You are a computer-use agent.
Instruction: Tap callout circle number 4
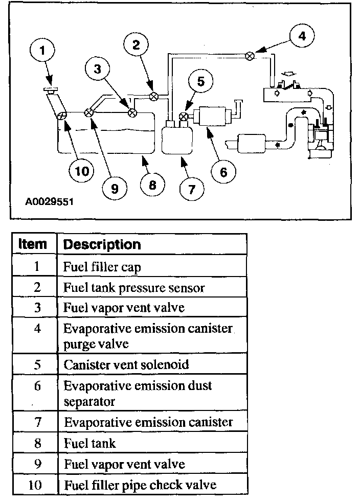pyautogui.click(x=302, y=36)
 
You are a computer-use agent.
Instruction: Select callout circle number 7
pyautogui.click(x=191, y=189)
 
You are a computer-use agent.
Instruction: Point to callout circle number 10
pyautogui.click(x=81, y=170)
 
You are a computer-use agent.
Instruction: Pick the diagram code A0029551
pyautogui.click(x=50, y=202)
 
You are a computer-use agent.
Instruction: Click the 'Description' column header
pyautogui.click(x=102, y=245)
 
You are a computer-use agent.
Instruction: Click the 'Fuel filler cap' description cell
pyautogui.click(x=102, y=266)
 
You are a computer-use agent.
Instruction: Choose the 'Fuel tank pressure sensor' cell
pyautogui.click(x=133, y=287)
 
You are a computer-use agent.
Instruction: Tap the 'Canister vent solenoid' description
pyautogui.click(x=126, y=365)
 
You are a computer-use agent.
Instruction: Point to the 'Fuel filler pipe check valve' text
pyautogui.click(x=140, y=485)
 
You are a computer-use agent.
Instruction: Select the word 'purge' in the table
pyautogui.click(x=78, y=343)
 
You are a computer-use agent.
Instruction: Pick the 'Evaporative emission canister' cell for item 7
pyautogui.click(x=148, y=422)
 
